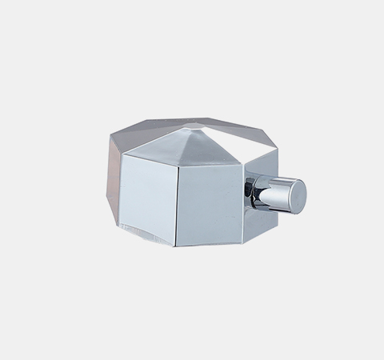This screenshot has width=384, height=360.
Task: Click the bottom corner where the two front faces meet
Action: pos(178,246)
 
